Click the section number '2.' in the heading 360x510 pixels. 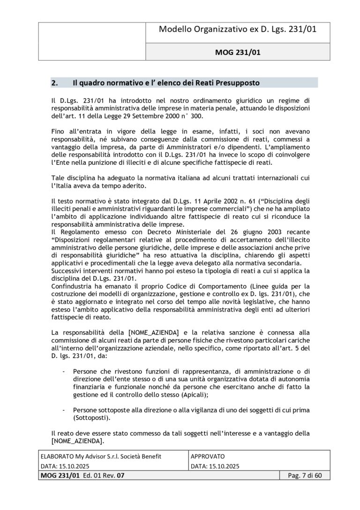(55, 83)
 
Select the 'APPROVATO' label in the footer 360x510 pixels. (208, 456)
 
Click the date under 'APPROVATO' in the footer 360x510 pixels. (216, 466)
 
